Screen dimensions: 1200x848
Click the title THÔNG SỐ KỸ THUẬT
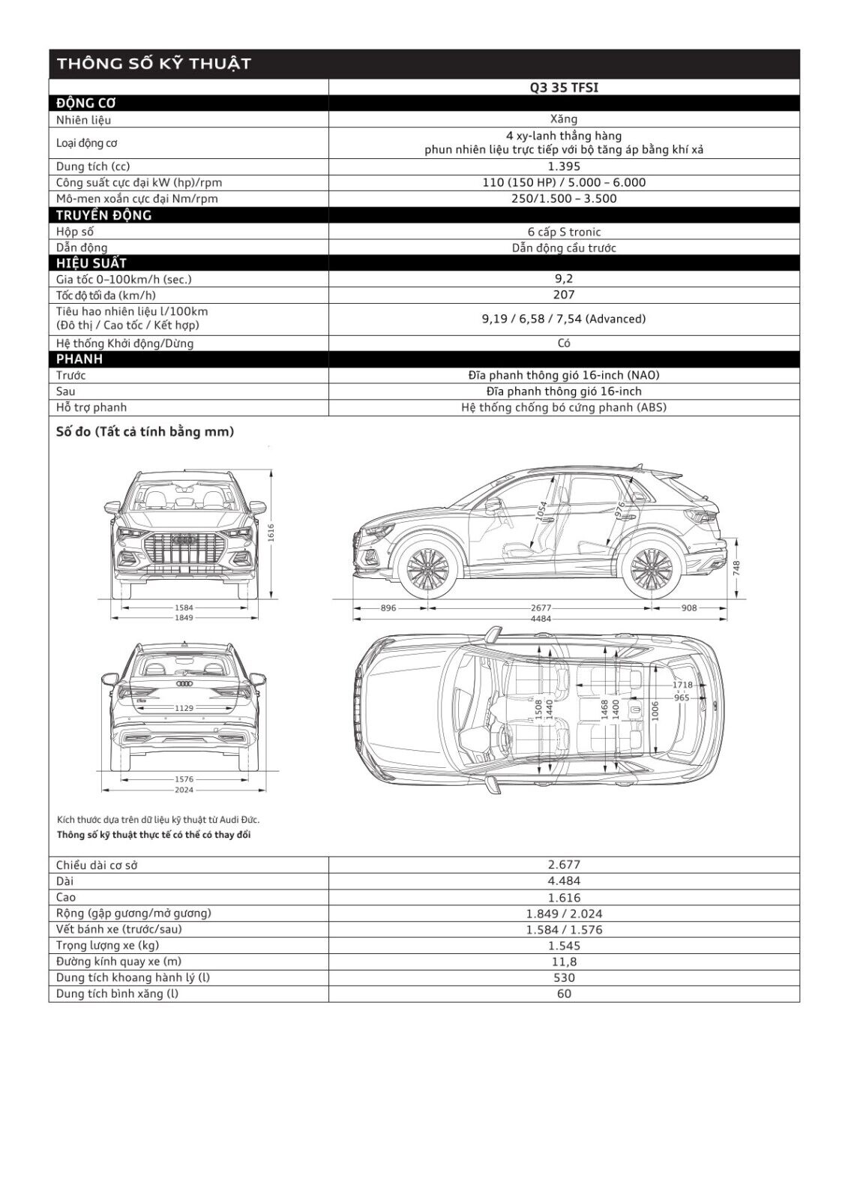click(x=153, y=64)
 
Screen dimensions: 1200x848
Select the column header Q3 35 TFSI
click(x=564, y=88)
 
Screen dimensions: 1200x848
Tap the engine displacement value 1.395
click(x=564, y=166)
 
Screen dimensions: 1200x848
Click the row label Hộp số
click(x=75, y=232)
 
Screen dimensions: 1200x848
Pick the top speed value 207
click(x=564, y=295)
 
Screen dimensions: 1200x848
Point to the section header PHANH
click(x=79, y=359)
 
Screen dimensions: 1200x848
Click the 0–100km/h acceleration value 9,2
click(x=564, y=278)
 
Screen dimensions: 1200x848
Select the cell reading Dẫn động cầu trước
click(x=564, y=247)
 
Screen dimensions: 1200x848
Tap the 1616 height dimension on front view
click(x=271, y=532)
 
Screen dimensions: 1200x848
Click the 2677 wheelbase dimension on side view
click(x=541, y=608)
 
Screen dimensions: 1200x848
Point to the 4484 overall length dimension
click(x=541, y=619)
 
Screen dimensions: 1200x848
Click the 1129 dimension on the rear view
click(x=184, y=708)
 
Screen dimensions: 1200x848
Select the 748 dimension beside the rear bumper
click(x=737, y=568)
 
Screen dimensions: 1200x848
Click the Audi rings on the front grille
click(x=184, y=539)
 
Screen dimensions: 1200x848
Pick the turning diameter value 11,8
click(x=564, y=961)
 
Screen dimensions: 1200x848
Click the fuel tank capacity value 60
click(x=564, y=994)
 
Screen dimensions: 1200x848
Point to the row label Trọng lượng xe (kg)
click(x=108, y=946)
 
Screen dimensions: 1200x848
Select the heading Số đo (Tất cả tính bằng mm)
click(x=145, y=432)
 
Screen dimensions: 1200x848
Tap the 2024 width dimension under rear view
click(x=184, y=790)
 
